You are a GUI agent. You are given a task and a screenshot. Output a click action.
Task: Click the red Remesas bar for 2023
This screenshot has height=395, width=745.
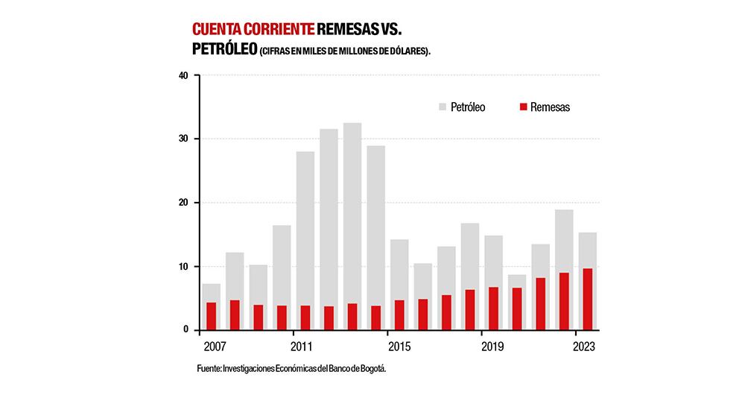(587, 299)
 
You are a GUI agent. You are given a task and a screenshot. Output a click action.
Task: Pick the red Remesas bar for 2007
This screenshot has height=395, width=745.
(211, 316)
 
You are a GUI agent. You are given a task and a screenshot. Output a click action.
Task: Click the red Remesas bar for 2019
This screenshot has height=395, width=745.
(493, 309)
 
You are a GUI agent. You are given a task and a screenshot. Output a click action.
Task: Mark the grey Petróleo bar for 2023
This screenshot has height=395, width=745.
(587, 250)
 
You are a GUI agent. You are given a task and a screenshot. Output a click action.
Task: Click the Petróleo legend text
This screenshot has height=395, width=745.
(468, 107)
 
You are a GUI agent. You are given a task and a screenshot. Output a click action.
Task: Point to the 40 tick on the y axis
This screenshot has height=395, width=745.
(183, 75)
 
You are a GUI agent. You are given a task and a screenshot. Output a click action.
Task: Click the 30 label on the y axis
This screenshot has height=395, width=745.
(183, 139)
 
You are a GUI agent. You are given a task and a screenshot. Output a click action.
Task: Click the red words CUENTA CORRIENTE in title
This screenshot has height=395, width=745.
(253, 30)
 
